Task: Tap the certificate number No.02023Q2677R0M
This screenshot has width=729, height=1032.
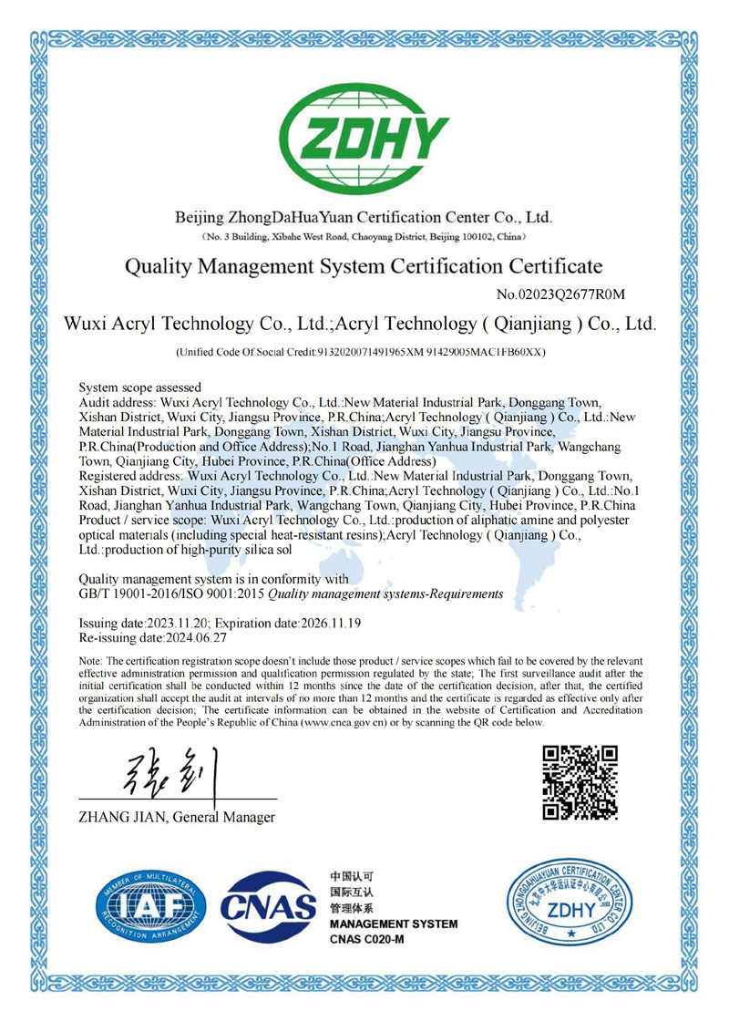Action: pos(566,294)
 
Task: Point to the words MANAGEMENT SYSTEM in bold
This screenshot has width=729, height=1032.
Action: pos(393,924)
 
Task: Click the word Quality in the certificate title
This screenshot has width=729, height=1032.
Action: pos(160,267)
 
